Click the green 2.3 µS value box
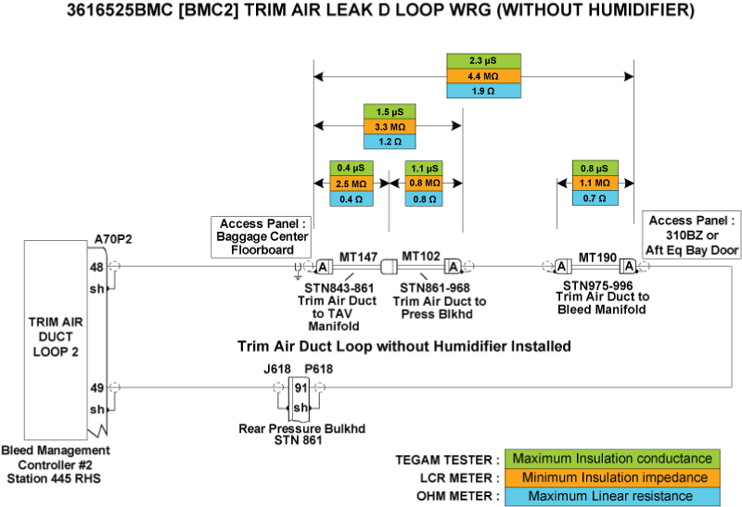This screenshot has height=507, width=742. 483,60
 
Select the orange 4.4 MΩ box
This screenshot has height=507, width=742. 483,76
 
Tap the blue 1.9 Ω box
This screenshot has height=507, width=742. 483,92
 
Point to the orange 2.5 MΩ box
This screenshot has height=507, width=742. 351,184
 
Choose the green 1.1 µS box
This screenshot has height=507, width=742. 424,168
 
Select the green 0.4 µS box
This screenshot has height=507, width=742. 351,168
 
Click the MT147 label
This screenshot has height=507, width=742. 358,255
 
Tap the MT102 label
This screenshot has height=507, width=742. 420,255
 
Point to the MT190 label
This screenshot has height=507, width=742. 597,255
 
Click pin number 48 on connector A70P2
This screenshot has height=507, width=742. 96,267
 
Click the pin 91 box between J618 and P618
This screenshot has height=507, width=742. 300,387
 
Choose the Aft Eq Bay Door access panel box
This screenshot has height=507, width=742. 690,234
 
